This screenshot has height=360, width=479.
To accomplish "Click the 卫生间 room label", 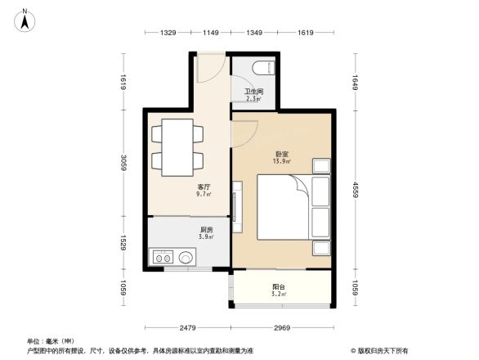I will point(253,92).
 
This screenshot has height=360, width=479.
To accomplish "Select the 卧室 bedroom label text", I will point(280,154).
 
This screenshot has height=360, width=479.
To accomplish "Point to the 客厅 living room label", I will point(204,187).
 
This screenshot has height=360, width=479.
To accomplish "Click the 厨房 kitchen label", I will point(207,231).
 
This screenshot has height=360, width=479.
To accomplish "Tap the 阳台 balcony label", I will point(279,286).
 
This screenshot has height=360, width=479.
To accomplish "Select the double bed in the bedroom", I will point(285,206).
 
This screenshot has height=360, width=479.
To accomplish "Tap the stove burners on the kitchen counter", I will point(162,257).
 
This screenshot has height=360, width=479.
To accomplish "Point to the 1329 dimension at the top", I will point(168,33).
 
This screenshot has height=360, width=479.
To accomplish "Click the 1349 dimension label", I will point(255,33).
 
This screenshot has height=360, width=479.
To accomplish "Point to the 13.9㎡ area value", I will point(280,161).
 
